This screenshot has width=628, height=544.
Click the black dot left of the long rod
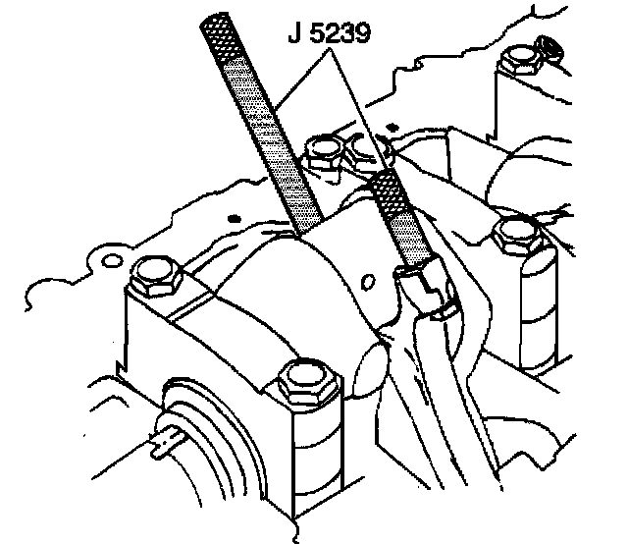tap(233, 214)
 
